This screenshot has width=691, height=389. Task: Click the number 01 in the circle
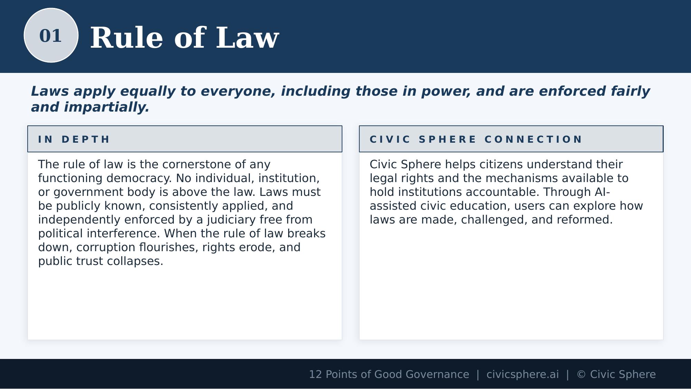(50, 36)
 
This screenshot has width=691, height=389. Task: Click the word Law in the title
(247, 38)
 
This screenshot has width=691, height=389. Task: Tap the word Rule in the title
(126, 38)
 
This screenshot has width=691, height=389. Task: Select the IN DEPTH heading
(74, 139)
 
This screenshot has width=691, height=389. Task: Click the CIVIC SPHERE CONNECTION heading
(476, 139)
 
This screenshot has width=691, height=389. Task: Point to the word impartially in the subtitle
(106, 107)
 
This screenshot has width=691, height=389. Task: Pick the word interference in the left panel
(123, 234)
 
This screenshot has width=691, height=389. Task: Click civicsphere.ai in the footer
(522, 374)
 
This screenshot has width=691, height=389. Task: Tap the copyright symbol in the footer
(581, 374)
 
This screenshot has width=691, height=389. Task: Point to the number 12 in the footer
(315, 374)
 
